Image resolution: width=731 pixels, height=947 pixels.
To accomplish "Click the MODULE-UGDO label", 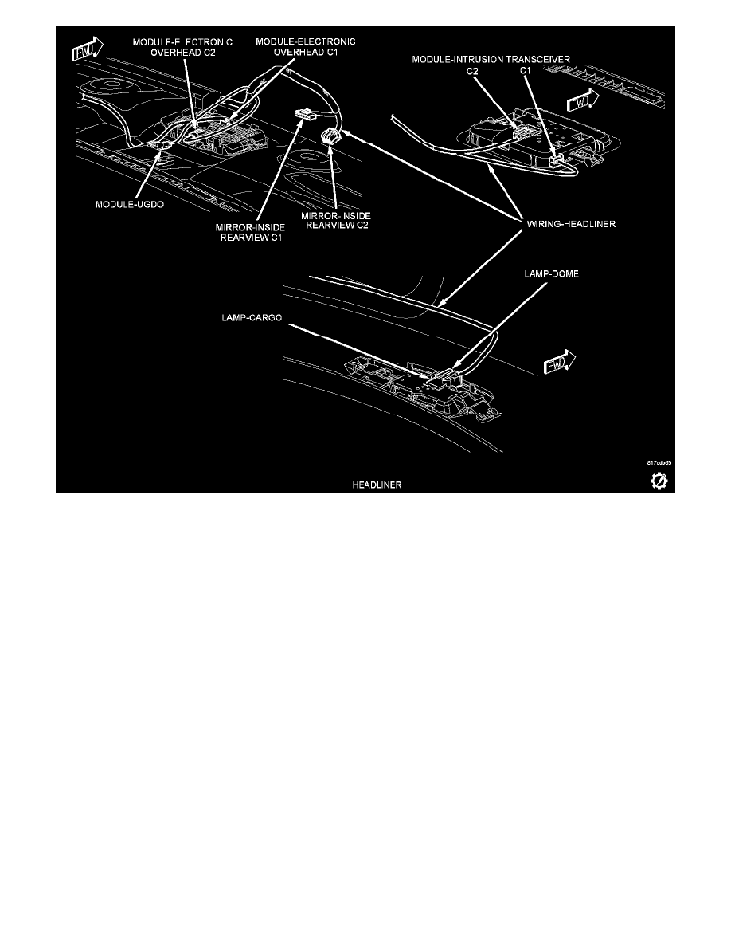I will [123, 204].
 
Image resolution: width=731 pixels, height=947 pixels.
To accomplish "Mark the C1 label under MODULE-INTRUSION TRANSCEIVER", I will [525, 71].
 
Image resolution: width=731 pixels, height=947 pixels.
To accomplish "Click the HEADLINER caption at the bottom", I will [377, 485].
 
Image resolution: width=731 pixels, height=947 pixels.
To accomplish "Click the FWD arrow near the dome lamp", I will [560, 363].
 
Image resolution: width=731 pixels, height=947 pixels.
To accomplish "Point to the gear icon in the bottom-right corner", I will [660, 481].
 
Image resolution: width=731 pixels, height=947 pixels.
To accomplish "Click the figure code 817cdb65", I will [658, 462].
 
